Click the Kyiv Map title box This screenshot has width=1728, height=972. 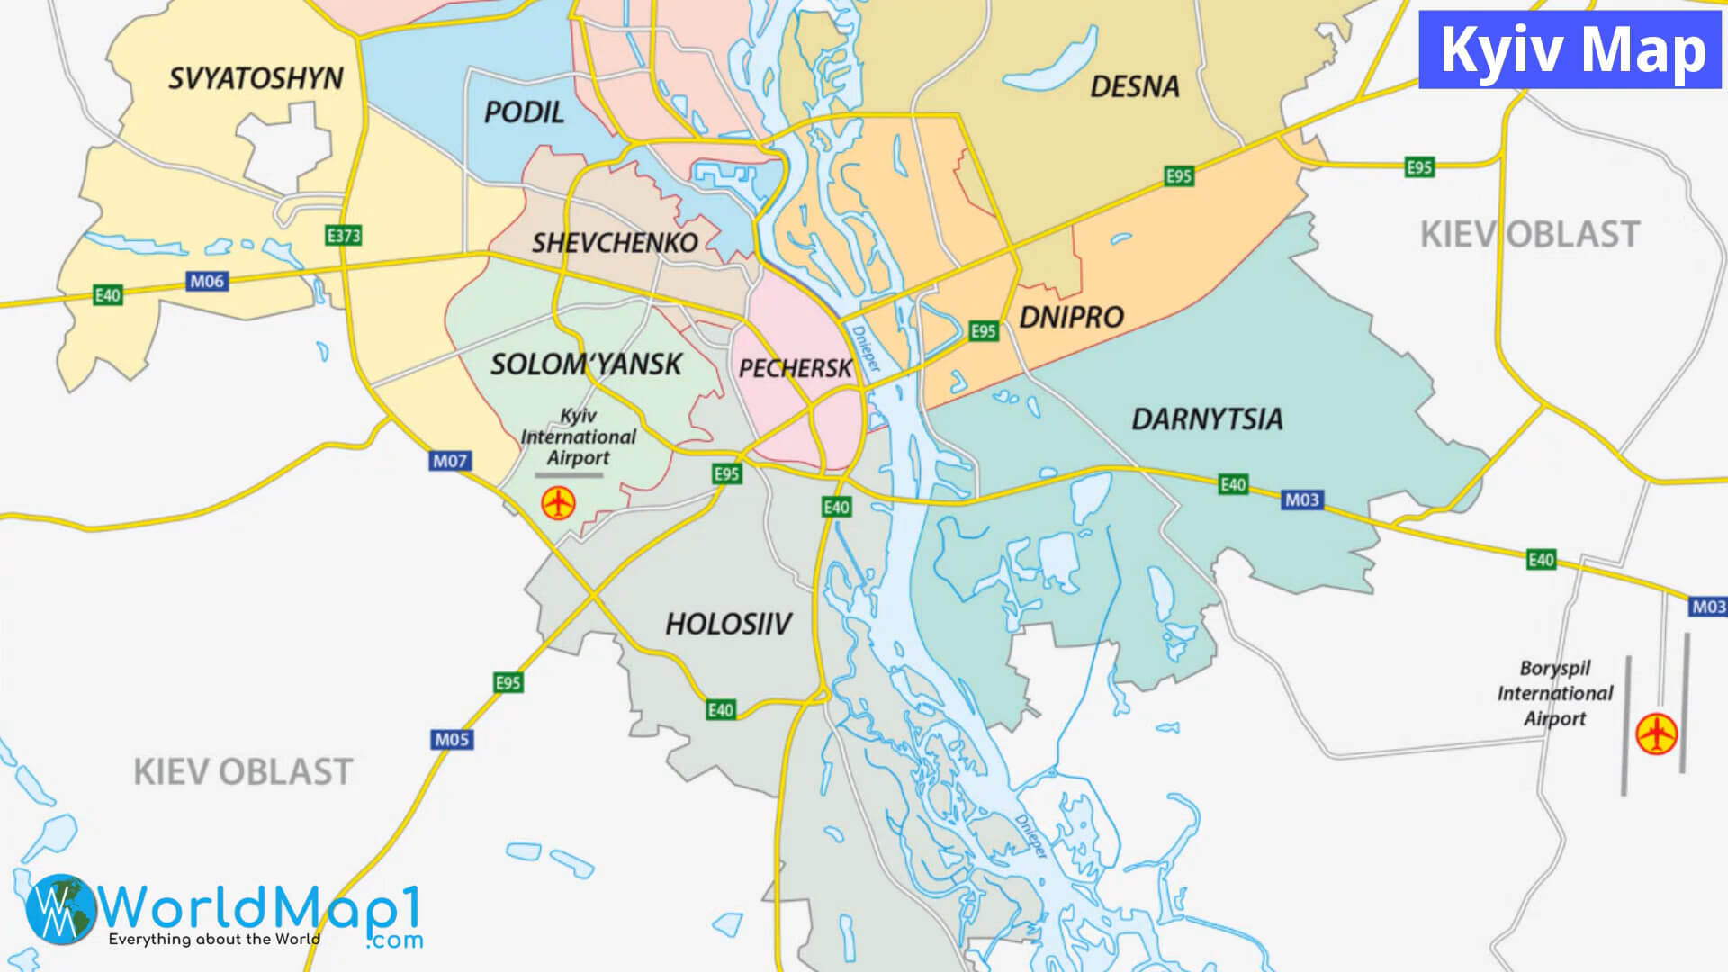pos(1570,49)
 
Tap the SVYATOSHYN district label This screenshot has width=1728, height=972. pos(256,78)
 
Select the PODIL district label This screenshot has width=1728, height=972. pos(524,112)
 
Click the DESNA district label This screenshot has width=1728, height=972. pos(1134,86)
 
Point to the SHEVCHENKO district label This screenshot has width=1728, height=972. pos(615,243)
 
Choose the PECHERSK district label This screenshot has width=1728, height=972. pos(795,368)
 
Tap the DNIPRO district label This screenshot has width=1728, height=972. pos(1071,317)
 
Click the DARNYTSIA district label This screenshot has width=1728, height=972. pos(1206,419)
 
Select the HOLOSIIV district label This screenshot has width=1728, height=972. pos(728,624)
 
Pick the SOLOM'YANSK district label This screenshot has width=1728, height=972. pos(586,364)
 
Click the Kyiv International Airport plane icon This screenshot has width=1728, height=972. pos(558,503)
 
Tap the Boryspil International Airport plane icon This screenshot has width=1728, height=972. pos(1656,733)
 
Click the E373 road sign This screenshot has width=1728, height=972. pos(343,236)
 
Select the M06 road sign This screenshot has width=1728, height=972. pos(207,281)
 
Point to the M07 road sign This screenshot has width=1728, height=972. pos(450,461)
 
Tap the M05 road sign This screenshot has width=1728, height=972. pos(452,739)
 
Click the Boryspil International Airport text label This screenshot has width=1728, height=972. pos(1555,693)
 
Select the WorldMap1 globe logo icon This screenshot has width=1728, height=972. pos(60,909)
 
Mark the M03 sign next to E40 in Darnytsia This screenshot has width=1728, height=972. pos(1301,499)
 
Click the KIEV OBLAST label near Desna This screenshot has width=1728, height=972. pos(1529,234)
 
